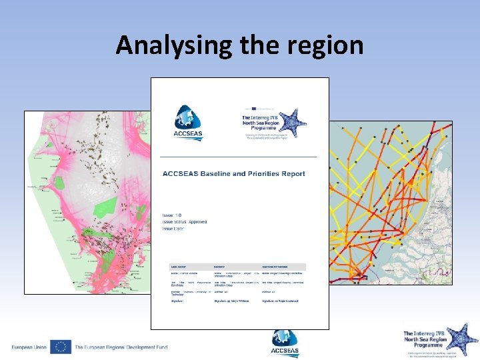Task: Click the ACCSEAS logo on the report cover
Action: point(187,123)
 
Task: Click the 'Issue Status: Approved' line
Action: point(185,222)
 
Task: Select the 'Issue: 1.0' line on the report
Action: point(172,215)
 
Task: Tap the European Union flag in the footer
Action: point(60,347)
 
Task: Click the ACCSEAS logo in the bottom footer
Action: point(285,344)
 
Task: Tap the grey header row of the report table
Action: point(239,265)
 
